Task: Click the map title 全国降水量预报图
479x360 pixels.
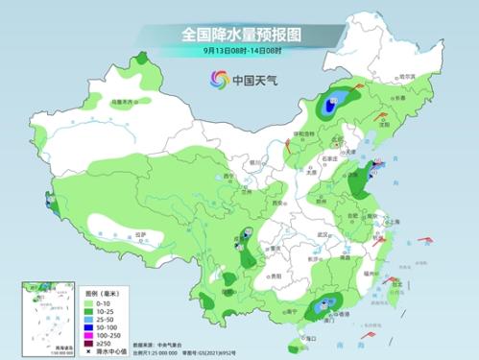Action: point(240,35)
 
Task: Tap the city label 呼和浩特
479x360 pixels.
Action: point(303,133)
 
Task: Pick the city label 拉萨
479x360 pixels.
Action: point(141,234)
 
